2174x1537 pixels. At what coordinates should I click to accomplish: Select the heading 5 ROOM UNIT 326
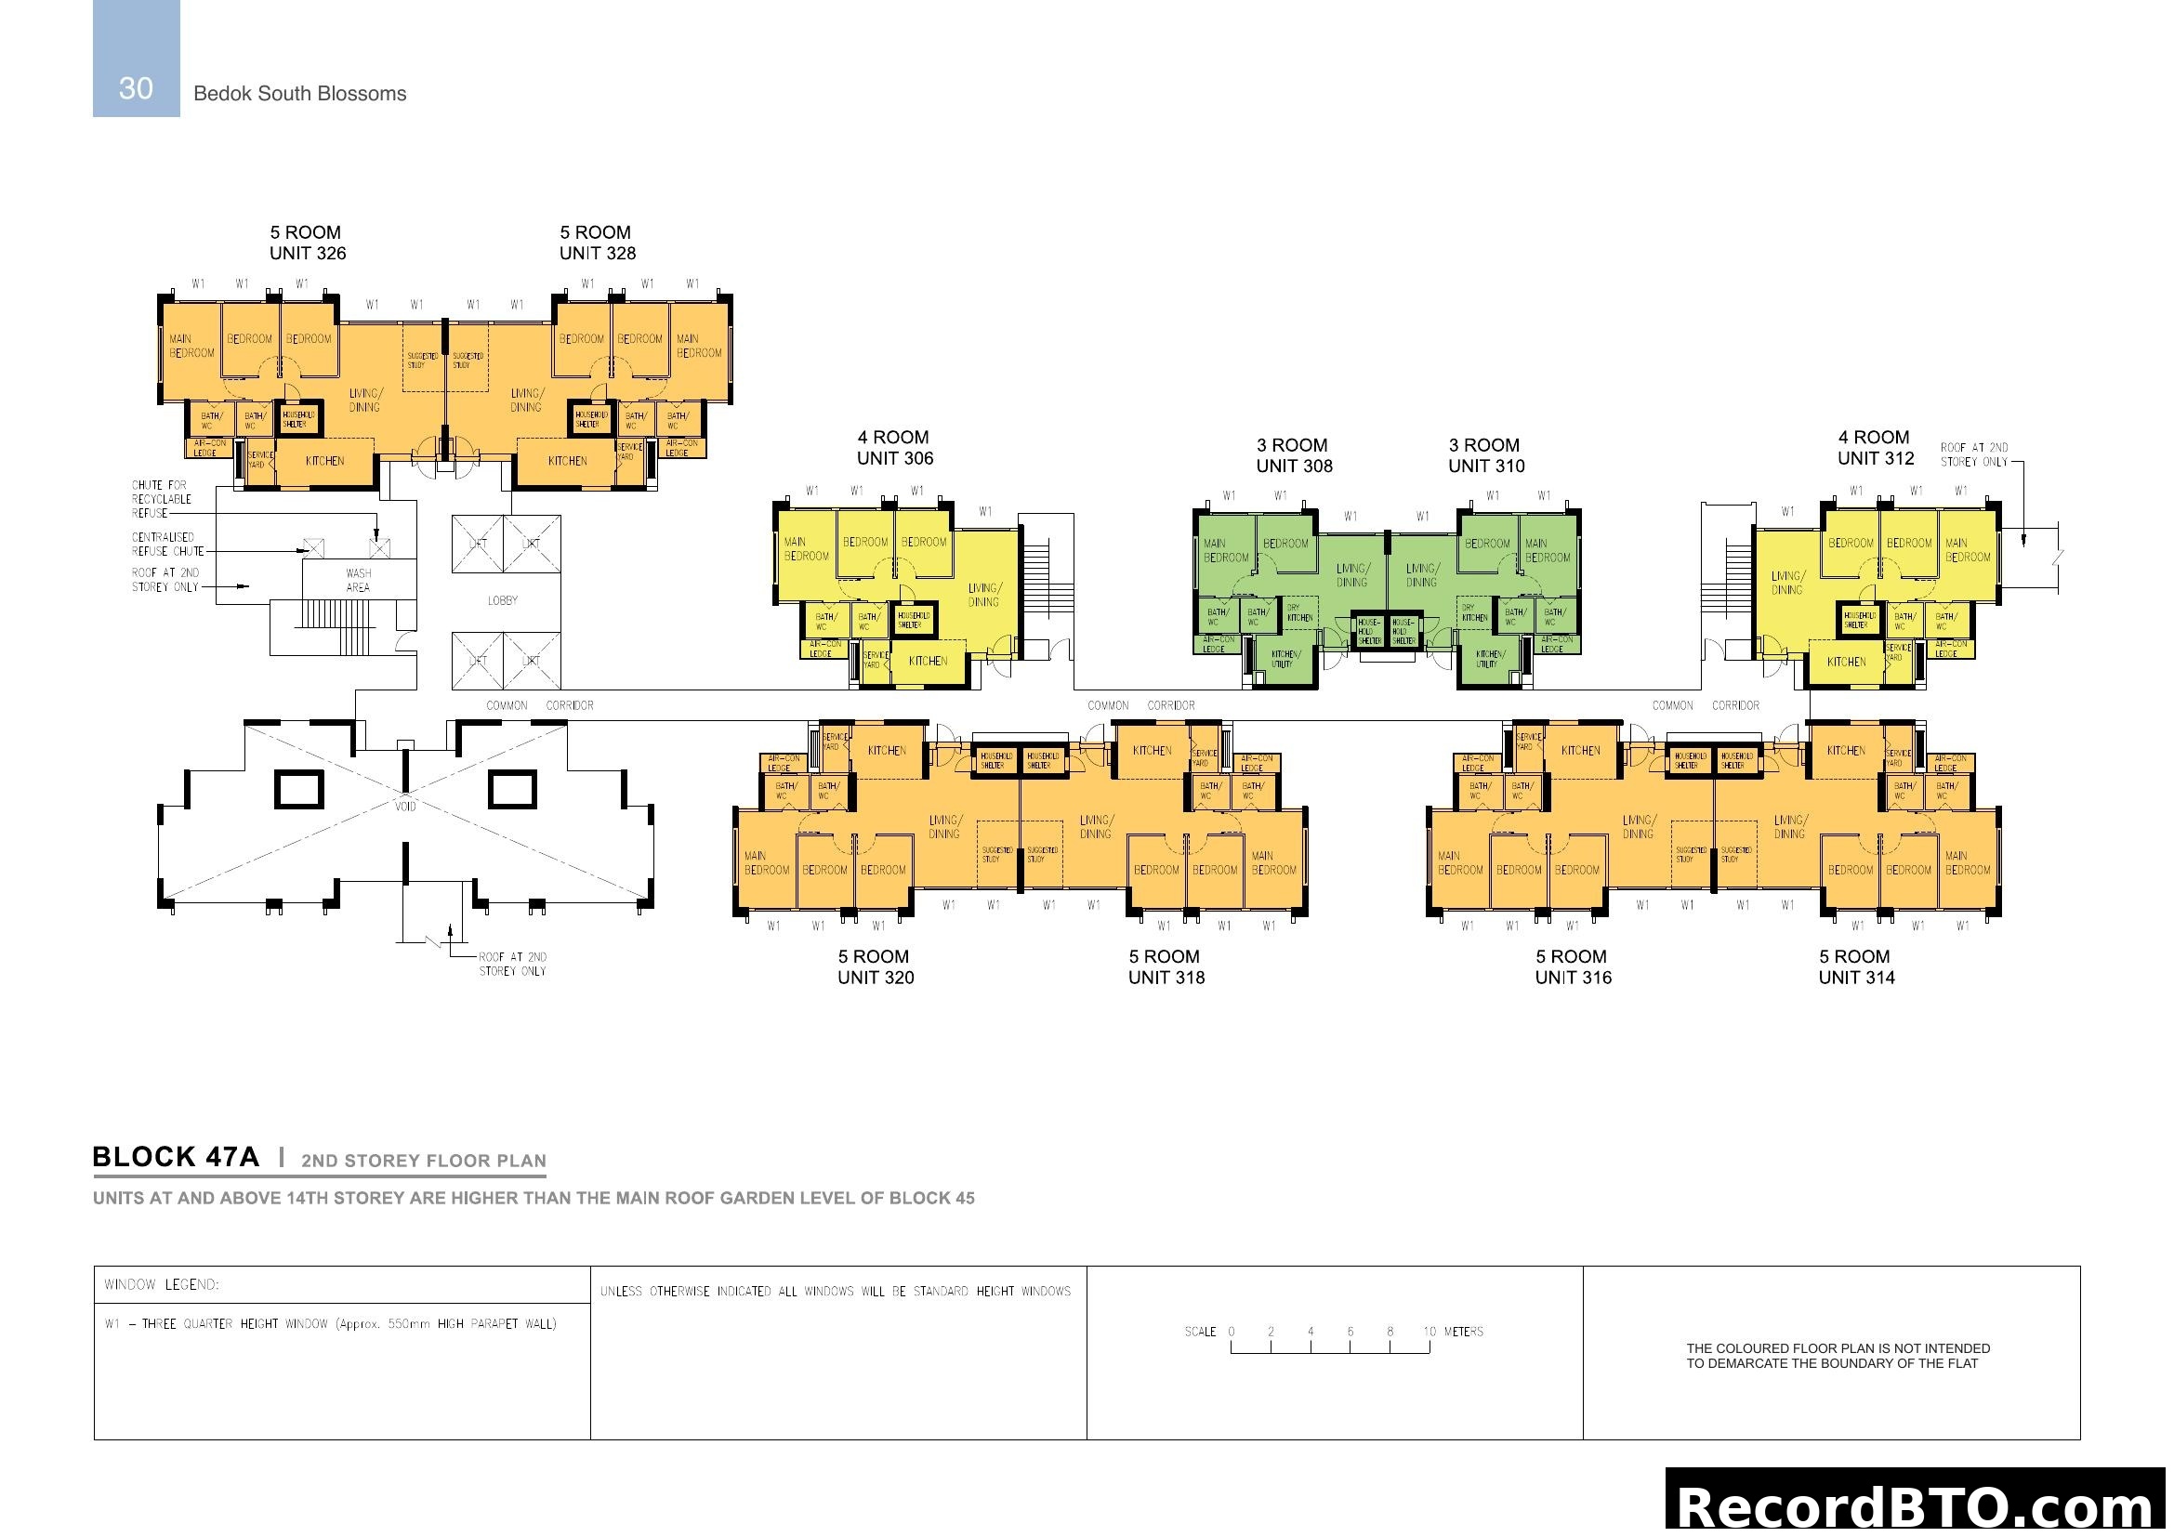pos(308,243)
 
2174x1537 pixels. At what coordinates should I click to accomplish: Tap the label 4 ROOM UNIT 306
pos(895,449)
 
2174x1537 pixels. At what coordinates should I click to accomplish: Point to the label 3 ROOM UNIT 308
pos(1295,456)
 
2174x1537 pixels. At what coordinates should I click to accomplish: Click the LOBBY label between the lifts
pos(503,601)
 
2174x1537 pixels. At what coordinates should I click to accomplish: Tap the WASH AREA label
pos(358,580)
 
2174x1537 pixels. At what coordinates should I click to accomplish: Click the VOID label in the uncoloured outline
pos(405,807)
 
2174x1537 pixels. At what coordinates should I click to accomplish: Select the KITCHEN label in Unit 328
pos(567,462)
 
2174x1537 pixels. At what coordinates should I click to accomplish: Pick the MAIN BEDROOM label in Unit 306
pos(807,550)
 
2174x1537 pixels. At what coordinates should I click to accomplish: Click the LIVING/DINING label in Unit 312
pos(1786,583)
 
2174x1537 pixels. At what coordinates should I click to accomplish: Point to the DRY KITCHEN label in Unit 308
pos(1298,613)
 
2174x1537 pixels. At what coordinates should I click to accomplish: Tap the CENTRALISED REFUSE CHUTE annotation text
pos(167,545)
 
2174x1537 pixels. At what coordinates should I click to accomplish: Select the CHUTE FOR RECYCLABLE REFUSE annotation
pos(161,499)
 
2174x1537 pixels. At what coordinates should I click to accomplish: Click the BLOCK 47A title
pos(175,1158)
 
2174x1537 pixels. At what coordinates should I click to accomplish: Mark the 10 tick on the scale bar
pos(1430,1333)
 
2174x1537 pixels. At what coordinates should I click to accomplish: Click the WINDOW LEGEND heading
pos(162,1285)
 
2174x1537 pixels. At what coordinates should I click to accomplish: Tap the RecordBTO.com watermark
pos(1918,1504)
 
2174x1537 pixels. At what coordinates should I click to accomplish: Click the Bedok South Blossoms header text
pos(299,94)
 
